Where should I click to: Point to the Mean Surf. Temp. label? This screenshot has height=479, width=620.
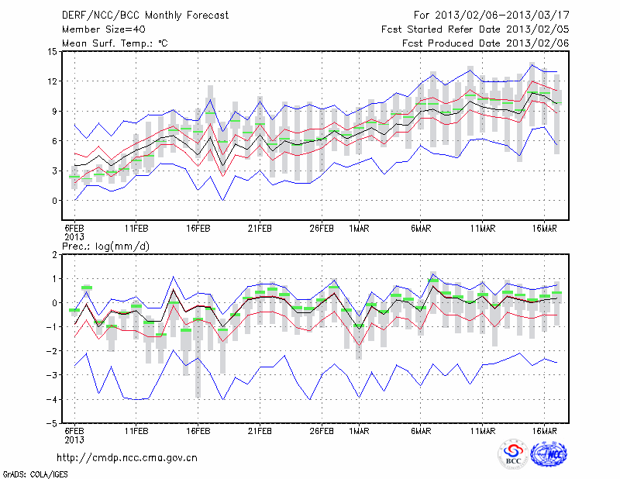coord(114,43)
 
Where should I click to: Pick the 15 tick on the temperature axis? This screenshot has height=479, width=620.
coord(51,52)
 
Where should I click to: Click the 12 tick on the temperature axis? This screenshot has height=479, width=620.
coord(51,81)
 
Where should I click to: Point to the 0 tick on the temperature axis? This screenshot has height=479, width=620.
coord(54,201)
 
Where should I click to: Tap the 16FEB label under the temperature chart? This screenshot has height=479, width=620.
coord(198,229)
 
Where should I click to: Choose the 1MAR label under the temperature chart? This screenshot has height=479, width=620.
coord(358,229)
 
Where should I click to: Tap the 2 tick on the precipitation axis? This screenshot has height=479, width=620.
coord(54,254)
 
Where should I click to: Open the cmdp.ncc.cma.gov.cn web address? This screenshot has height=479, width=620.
coord(127,457)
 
